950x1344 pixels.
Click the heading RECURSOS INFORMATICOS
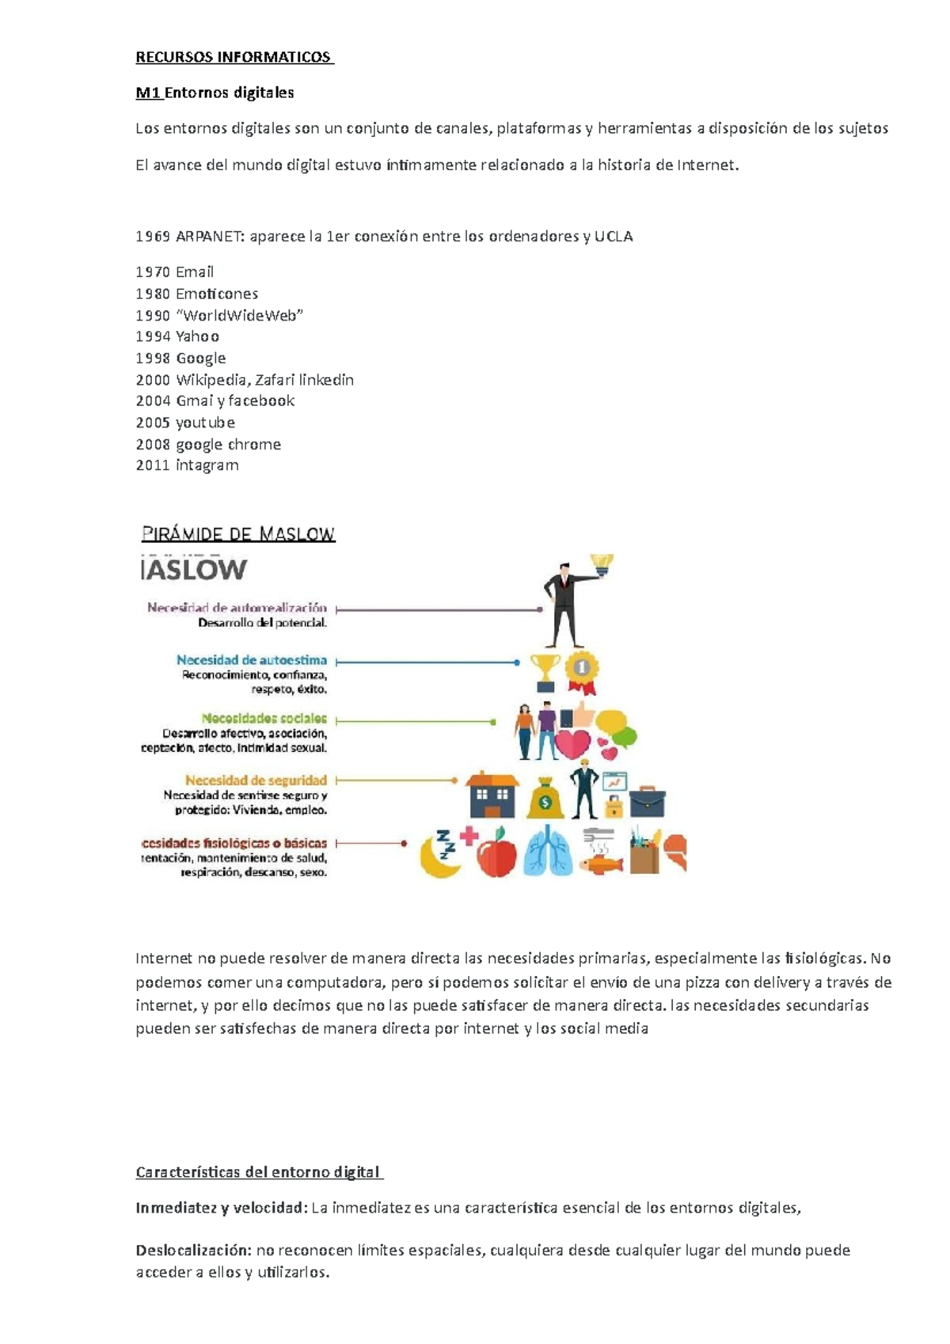click(x=234, y=57)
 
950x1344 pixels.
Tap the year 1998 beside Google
click(x=153, y=359)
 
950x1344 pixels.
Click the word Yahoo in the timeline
click(x=197, y=336)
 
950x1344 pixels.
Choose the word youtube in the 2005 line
click(x=205, y=423)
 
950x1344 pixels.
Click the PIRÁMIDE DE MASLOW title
click(x=238, y=534)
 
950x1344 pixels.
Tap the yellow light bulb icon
click(x=602, y=564)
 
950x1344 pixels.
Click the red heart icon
click(x=572, y=744)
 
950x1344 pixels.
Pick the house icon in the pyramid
click(x=492, y=795)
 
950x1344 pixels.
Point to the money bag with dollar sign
click(x=545, y=799)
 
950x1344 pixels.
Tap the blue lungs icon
click(x=547, y=852)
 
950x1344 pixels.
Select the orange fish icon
click(x=601, y=862)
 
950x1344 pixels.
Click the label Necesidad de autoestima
click(x=252, y=660)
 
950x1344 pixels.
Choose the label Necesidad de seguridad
click(x=256, y=780)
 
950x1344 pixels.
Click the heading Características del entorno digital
click(x=259, y=1172)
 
